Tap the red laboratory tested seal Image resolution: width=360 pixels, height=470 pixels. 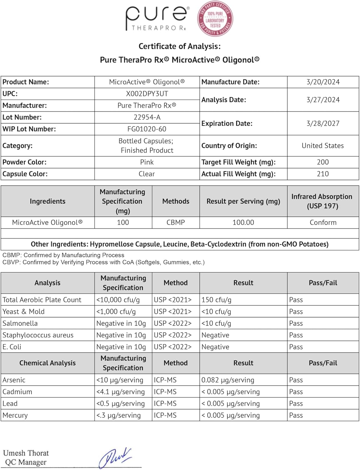(x=215, y=18)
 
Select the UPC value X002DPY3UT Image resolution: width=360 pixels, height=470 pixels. (x=147, y=94)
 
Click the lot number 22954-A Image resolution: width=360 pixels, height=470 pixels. (x=147, y=117)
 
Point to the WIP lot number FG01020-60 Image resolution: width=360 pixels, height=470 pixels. (x=147, y=129)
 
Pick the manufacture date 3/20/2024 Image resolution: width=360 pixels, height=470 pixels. (x=323, y=82)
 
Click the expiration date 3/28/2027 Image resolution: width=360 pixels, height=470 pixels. (x=323, y=123)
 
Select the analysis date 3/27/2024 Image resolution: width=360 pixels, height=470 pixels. (x=323, y=100)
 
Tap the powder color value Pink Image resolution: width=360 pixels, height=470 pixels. (x=147, y=162)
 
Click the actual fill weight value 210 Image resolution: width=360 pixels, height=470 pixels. (x=323, y=174)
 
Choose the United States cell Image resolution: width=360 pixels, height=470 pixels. (x=323, y=146)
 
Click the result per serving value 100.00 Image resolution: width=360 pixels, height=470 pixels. (x=243, y=222)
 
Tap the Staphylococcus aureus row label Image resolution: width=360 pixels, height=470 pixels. (x=38, y=335)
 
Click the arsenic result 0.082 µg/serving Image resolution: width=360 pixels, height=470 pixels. (x=228, y=380)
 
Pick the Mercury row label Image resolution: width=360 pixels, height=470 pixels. (x=15, y=415)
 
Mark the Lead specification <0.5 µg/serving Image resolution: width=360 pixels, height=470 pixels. (x=121, y=404)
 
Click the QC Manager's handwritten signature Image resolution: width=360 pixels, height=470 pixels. (x=115, y=457)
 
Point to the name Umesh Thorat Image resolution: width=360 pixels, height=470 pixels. (x=26, y=453)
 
